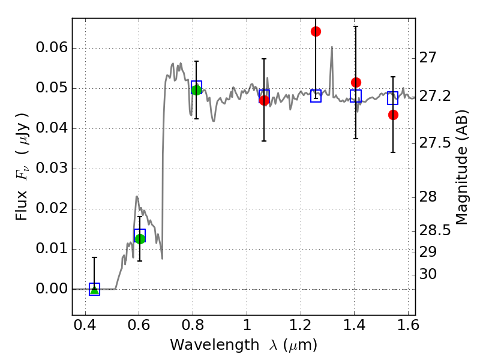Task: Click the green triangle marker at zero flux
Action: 95,290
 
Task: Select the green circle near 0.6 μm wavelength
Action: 140,239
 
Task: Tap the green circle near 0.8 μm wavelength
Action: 196,90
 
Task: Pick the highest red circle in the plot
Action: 316,32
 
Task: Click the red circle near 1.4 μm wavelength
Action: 356,82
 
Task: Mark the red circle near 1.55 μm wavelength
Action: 394,115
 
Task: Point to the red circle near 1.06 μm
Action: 264,100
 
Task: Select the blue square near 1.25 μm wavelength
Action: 316,96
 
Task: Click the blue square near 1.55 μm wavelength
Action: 393,98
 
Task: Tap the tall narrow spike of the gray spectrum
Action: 332,61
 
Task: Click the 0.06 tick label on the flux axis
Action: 52,47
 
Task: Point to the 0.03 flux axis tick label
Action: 52,168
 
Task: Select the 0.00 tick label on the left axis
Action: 52,289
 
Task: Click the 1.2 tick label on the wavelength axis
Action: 301,325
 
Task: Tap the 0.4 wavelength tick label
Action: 85,325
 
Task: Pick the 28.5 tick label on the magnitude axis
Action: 434,230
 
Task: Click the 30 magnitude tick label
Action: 428,274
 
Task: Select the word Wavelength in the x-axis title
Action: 215,344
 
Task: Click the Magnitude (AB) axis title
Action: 462,167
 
